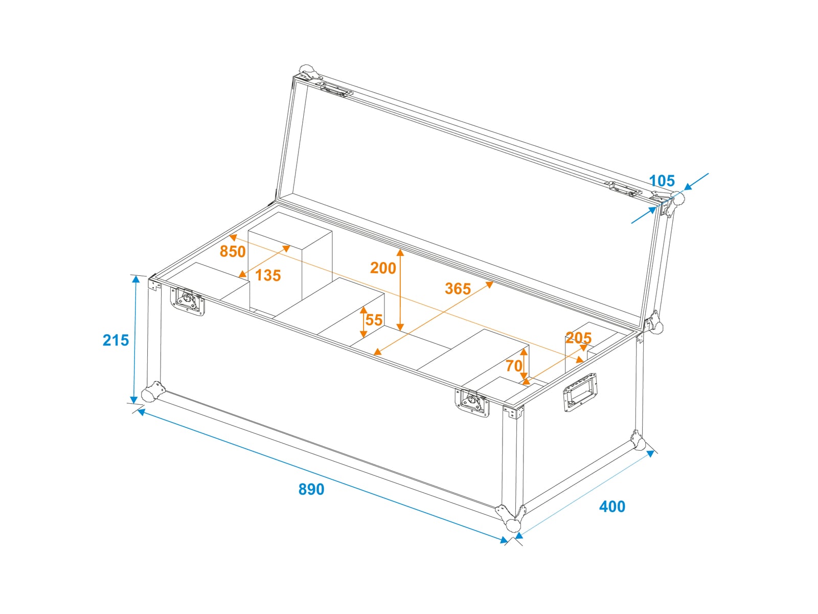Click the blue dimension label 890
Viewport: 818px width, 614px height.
coord(311,489)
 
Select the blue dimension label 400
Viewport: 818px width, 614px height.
coord(612,507)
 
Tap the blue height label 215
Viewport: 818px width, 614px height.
coord(116,340)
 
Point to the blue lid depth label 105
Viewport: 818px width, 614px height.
coord(662,181)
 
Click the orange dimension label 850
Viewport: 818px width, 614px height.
coord(233,252)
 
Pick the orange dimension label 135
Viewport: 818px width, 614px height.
coord(268,275)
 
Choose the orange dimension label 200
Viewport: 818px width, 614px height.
coord(383,268)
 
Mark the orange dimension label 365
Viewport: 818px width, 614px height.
coord(458,289)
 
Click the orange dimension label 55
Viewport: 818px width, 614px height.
coord(374,320)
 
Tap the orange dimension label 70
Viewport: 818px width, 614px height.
coord(514,366)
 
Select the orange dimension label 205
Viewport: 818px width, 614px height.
coord(578,338)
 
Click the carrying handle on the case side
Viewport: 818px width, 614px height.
coord(580,392)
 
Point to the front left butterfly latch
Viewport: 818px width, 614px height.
coord(188,301)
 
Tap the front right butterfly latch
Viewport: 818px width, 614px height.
coord(472,403)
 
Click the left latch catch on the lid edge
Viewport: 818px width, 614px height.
coord(334,90)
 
